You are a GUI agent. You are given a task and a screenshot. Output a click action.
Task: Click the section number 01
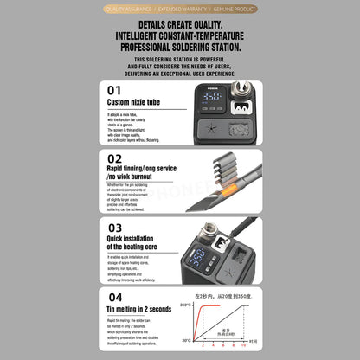click(113, 89)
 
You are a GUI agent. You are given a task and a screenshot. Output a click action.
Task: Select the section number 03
click(114, 227)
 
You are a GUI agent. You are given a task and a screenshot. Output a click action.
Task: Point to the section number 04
click(114, 296)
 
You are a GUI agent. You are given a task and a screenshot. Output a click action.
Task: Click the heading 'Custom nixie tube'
click(133, 102)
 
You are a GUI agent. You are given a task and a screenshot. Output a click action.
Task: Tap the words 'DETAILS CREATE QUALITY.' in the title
click(179, 26)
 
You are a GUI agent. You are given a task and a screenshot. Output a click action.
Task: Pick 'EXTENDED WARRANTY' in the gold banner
click(180, 8)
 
